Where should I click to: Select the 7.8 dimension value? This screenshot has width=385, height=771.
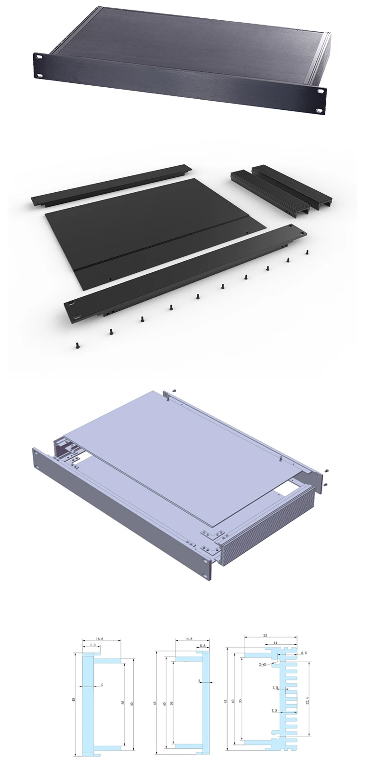(x=92, y=645)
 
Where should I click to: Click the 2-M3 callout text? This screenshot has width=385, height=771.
(x=263, y=665)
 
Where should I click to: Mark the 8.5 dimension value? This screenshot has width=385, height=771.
(x=304, y=653)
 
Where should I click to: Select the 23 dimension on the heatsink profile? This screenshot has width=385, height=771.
(x=265, y=636)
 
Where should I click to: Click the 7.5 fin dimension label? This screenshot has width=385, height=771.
(x=274, y=710)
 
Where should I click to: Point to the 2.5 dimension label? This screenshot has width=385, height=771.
(x=275, y=688)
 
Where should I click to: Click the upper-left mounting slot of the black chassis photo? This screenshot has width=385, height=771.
(x=38, y=57)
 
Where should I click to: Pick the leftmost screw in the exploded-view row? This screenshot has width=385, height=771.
(x=77, y=345)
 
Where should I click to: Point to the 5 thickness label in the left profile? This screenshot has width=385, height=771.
(x=102, y=685)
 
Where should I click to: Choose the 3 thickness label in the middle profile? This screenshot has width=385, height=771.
(x=199, y=681)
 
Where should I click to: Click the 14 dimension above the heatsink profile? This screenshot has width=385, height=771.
(x=275, y=643)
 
